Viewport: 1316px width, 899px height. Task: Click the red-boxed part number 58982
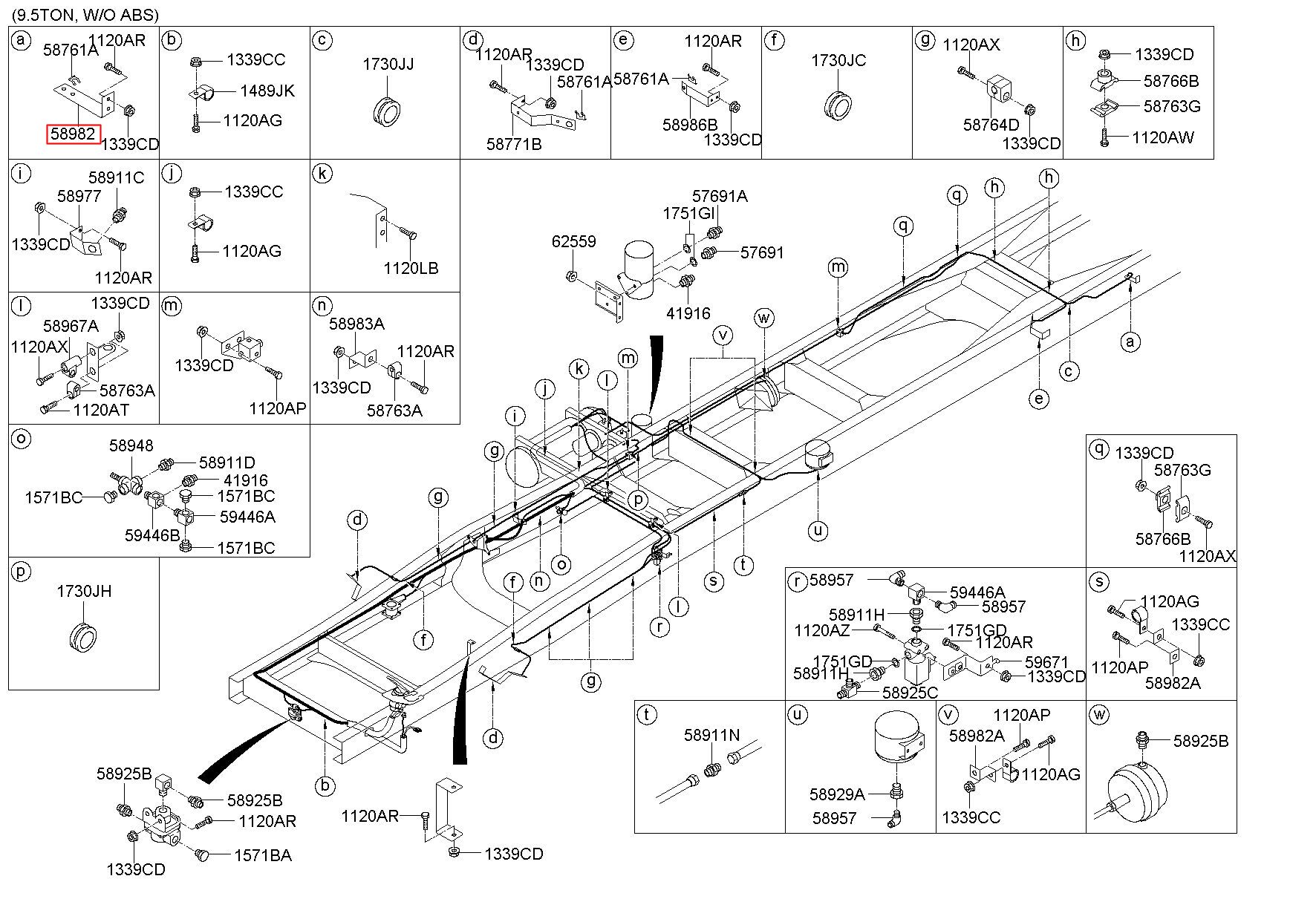click(x=73, y=134)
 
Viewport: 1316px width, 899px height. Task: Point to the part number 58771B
click(x=514, y=144)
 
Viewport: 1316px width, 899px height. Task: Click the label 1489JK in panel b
click(x=267, y=91)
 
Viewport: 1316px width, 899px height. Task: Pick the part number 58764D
click(x=991, y=125)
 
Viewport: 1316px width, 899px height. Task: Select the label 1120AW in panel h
click(x=1163, y=137)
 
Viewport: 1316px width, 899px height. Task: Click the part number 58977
click(x=79, y=197)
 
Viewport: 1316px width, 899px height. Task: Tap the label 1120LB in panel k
click(x=411, y=267)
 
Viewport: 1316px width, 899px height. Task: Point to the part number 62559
click(x=573, y=242)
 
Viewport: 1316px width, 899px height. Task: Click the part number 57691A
click(x=720, y=197)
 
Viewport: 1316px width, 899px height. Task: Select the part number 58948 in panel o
click(x=131, y=445)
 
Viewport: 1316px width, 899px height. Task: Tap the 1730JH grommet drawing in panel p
click(x=83, y=636)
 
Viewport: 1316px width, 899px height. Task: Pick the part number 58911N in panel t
click(x=711, y=735)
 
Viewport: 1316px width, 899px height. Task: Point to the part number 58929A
click(x=837, y=795)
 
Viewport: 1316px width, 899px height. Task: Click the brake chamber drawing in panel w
click(x=1136, y=787)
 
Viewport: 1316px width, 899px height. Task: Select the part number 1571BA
click(x=263, y=856)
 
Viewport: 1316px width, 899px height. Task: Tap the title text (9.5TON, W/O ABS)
click(x=84, y=14)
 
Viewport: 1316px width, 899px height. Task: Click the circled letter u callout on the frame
click(x=818, y=530)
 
